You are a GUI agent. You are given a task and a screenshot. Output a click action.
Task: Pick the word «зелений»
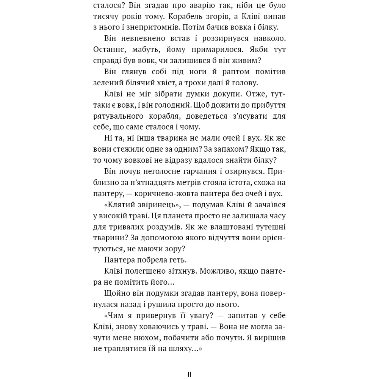point(106,82)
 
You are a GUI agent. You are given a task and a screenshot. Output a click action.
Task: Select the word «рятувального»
point(117,116)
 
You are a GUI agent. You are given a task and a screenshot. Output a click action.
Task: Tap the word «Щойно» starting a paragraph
point(115,293)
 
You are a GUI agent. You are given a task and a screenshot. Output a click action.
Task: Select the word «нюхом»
point(151,337)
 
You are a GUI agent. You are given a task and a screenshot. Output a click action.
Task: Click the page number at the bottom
point(189,374)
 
